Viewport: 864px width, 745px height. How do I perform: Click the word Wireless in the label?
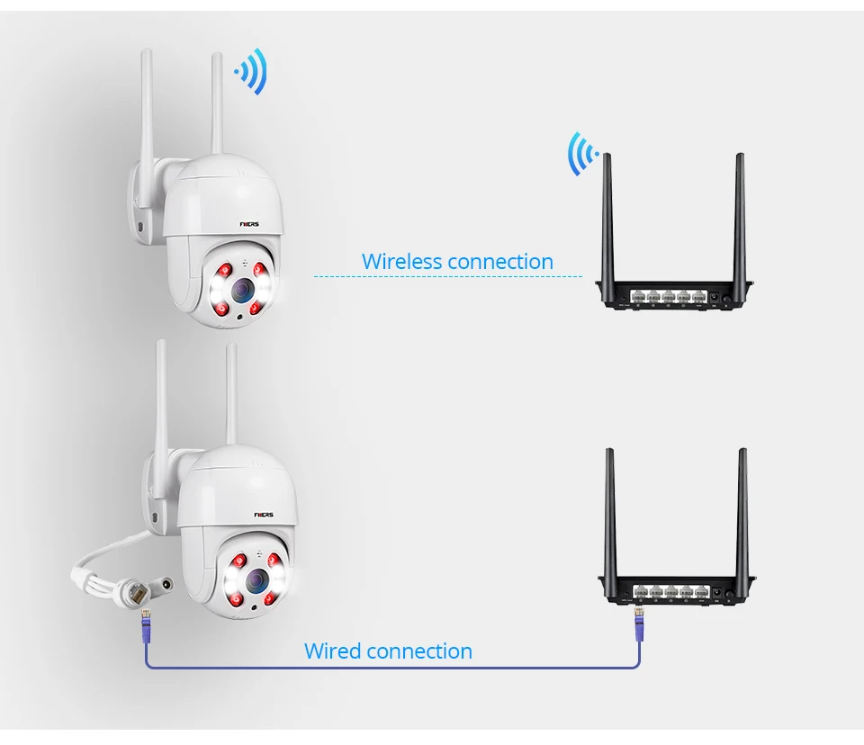click(x=401, y=262)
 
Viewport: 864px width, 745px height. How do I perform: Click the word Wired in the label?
click(x=333, y=651)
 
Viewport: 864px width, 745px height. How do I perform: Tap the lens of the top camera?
click(x=241, y=289)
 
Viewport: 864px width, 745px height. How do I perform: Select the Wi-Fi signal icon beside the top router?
click(x=581, y=153)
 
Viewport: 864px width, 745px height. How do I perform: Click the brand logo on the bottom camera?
click(x=265, y=516)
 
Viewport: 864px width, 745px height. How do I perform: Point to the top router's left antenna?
click(x=607, y=216)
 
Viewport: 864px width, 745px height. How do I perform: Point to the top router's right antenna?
click(x=740, y=216)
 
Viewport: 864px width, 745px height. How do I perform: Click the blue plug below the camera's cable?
click(x=145, y=624)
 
